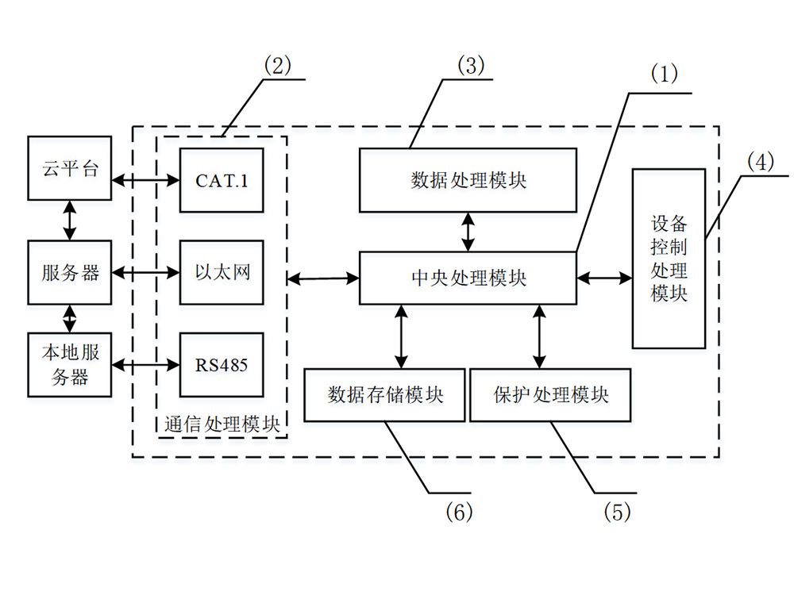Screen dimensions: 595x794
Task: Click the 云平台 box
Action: pyautogui.click(x=71, y=168)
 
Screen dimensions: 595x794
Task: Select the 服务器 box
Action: pyautogui.click(x=71, y=273)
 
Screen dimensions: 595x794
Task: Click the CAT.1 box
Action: pyautogui.click(x=222, y=180)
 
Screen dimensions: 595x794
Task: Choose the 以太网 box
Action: pyautogui.click(x=222, y=272)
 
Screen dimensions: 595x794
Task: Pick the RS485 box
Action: pyautogui.click(x=222, y=365)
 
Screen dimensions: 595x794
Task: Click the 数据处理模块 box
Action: pyautogui.click(x=468, y=180)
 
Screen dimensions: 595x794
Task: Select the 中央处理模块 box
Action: pyautogui.click(x=468, y=278)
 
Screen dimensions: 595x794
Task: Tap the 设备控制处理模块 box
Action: pyautogui.click(x=669, y=259)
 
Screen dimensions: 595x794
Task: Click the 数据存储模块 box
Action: pyautogui.click(x=385, y=394)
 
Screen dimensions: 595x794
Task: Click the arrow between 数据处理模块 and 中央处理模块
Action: pyautogui.click(x=468, y=232)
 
